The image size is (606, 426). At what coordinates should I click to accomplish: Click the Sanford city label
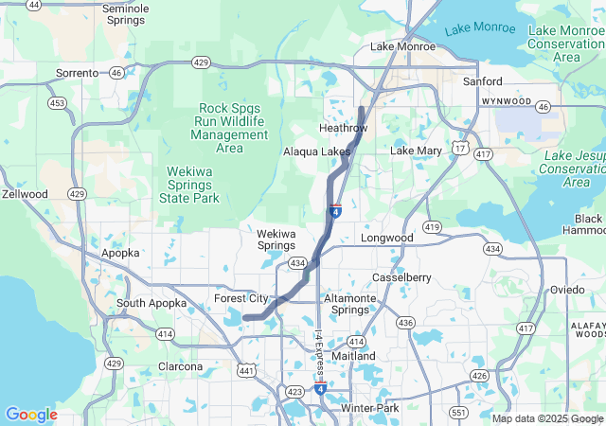[x=482, y=81]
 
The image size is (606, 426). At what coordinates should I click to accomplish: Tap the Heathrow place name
[x=343, y=128]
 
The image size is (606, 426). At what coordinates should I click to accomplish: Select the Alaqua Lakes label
[x=316, y=151]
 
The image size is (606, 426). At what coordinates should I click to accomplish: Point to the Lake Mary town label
[x=416, y=151]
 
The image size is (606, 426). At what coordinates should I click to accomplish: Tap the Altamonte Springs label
[x=352, y=304]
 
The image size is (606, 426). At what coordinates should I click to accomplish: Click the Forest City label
[x=242, y=298]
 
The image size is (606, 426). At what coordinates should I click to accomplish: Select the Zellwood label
[x=25, y=194]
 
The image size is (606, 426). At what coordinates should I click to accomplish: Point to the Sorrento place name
[x=77, y=73]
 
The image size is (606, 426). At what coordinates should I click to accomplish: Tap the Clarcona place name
[x=180, y=366]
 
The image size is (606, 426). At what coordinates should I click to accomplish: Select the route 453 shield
[x=58, y=102]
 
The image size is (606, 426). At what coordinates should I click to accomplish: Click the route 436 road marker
[x=405, y=323]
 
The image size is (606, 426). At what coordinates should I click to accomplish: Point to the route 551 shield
[x=458, y=412]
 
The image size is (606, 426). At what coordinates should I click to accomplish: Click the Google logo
[x=31, y=415]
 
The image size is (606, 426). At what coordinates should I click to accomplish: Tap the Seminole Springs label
[x=125, y=14]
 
